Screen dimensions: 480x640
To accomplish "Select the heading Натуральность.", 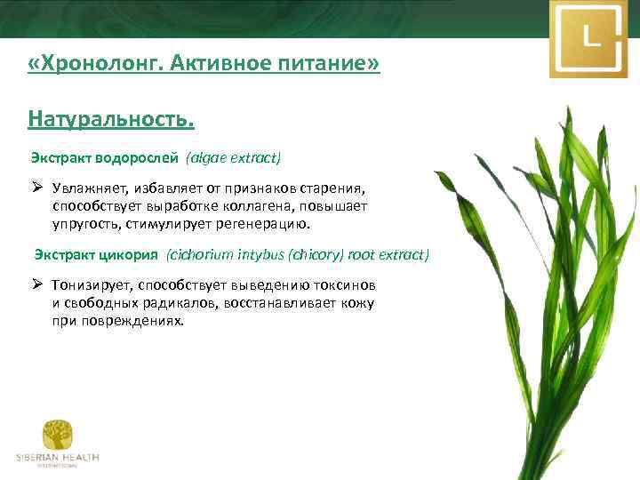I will [110, 117].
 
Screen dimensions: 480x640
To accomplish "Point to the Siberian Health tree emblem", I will [57, 435].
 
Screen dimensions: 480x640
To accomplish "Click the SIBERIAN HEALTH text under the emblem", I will [57, 458].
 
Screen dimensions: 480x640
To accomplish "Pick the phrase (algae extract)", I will [233, 158].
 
